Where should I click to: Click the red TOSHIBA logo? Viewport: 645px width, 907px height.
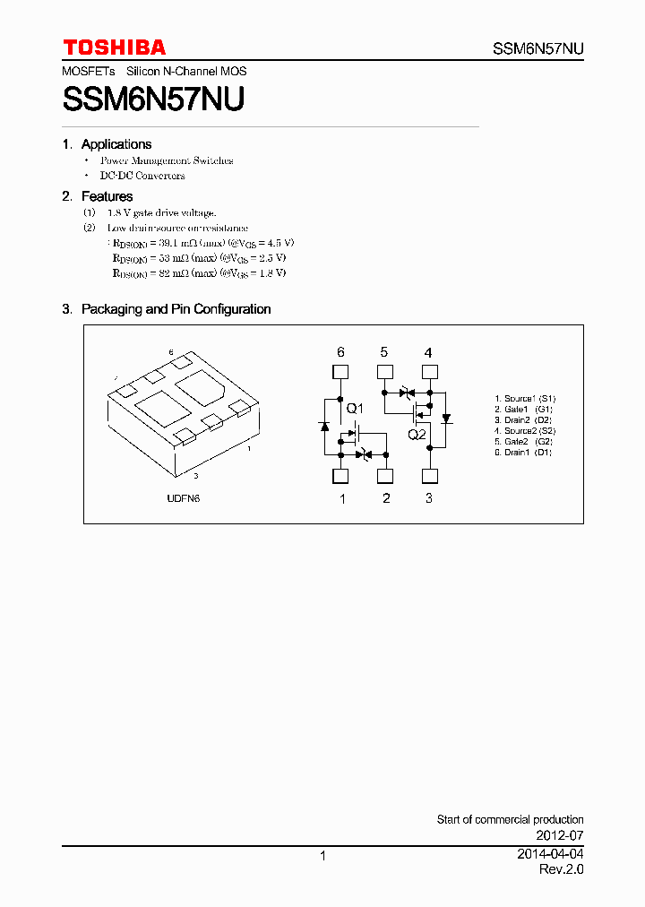point(114,48)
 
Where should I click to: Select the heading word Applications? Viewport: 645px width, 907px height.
point(116,144)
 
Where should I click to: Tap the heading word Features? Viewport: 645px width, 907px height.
point(107,196)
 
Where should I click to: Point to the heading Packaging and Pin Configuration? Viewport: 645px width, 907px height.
point(176,309)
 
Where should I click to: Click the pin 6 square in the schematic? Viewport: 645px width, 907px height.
point(340,372)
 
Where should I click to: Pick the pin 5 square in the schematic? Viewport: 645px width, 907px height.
point(384,372)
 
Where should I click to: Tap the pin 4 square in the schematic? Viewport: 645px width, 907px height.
point(429,372)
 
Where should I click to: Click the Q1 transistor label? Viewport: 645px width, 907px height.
point(355,410)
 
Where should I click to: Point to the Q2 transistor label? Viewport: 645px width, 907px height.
point(417,435)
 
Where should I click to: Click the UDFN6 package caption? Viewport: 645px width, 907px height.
point(183,498)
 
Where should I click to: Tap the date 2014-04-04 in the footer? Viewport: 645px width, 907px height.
point(550,855)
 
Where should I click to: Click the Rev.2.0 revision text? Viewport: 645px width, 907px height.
point(561,870)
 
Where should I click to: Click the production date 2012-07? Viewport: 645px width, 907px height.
point(560,834)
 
